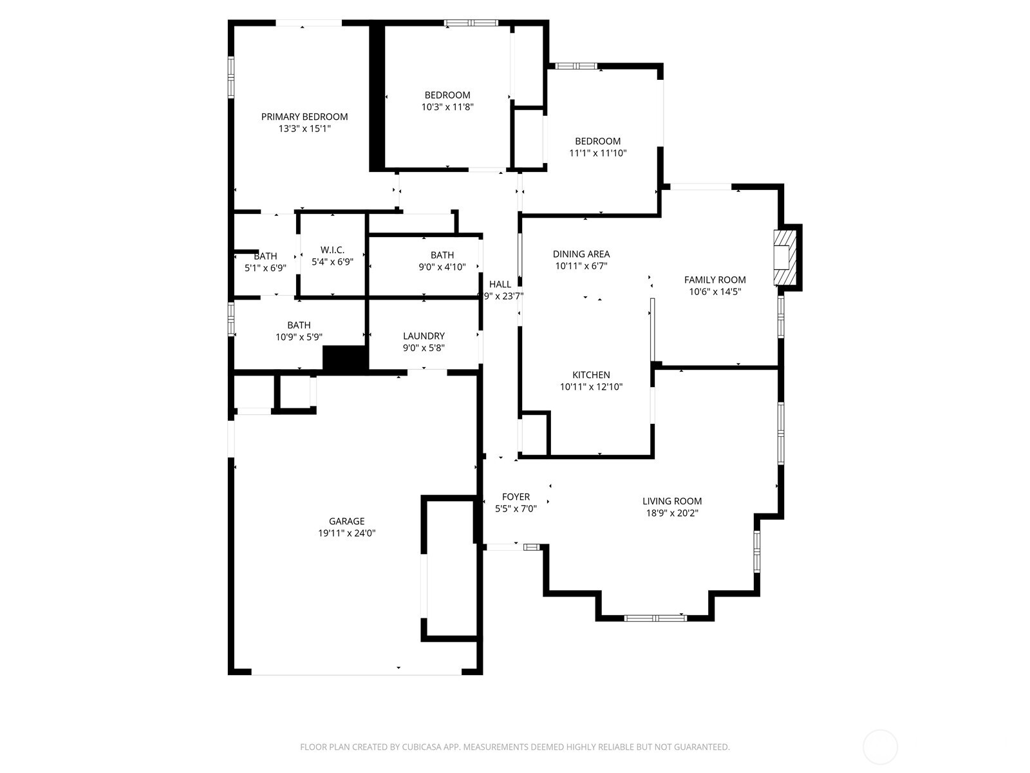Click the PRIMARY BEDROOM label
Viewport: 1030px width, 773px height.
[304, 117]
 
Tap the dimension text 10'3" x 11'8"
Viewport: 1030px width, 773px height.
[447, 107]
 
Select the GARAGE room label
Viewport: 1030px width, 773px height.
[346, 521]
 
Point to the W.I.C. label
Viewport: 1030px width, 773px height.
[332, 250]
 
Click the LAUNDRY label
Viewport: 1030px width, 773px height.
[424, 336]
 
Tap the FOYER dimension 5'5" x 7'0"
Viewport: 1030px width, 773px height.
[516, 508]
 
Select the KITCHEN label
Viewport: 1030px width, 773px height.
[591, 375]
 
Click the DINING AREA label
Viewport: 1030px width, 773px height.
[581, 254]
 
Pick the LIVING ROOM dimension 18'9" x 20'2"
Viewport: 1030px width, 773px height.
[672, 513]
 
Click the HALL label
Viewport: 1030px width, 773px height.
[500, 284]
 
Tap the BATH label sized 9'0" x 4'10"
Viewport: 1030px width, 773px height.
[442, 255]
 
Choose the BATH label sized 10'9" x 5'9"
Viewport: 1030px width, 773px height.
[299, 325]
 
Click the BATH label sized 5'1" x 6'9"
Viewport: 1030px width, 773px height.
[265, 256]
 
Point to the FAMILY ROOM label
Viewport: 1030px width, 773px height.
[715, 280]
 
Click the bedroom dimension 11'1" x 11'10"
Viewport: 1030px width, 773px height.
[597, 153]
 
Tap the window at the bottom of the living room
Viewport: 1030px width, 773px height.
[655, 618]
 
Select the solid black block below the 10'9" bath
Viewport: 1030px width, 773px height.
[344, 358]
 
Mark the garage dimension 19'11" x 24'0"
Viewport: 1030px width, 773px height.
[346, 533]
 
